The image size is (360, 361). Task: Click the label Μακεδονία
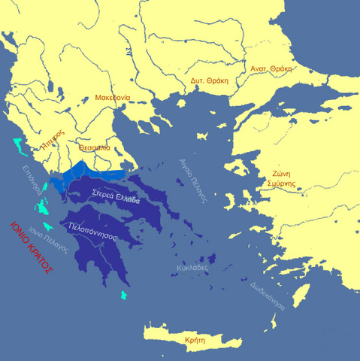112,97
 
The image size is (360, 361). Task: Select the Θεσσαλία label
95,147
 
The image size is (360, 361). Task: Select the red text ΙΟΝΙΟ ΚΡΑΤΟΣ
29,248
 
